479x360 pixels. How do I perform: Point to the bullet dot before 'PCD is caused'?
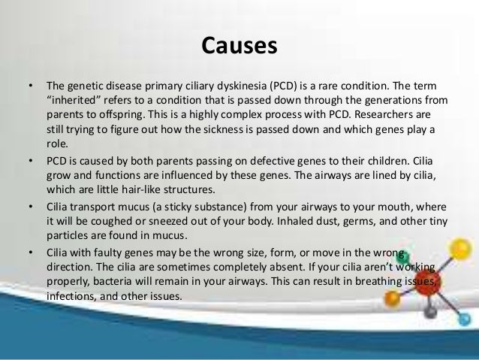(x=31, y=161)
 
